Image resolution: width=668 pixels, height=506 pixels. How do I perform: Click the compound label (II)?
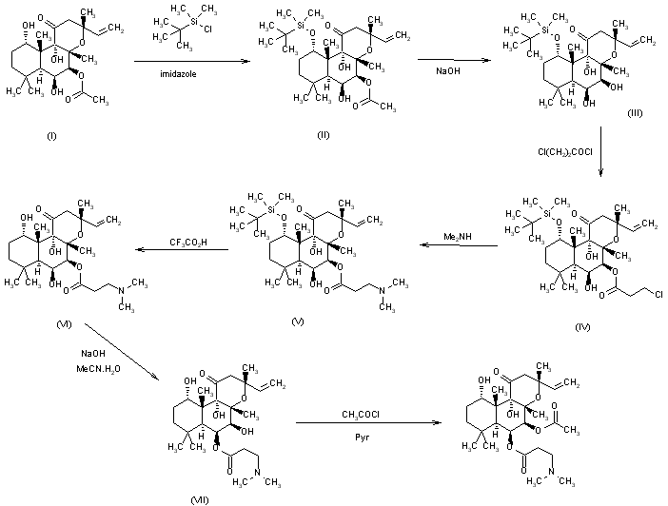tap(324, 135)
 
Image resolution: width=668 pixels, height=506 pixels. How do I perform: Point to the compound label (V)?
tap(298, 323)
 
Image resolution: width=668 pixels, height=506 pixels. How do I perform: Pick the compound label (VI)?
tap(37, 324)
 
